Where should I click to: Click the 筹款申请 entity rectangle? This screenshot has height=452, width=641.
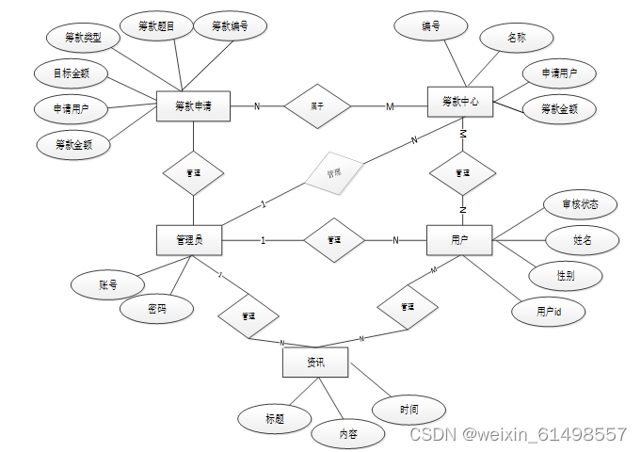point(193,106)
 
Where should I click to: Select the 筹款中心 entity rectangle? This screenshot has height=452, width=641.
point(460,101)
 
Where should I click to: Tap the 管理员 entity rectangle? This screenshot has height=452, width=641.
point(189,239)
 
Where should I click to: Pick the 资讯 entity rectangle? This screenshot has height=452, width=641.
point(315,362)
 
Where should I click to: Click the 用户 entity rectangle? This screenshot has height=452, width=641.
point(459,239)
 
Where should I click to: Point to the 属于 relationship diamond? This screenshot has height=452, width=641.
point(317,106)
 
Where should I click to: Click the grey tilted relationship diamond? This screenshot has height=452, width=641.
point(333,173)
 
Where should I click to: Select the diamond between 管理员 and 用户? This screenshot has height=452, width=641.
point(333,239)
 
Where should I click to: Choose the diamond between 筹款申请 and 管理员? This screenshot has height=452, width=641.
point(193,173)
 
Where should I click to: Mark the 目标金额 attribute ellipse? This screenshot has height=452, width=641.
point(72,73)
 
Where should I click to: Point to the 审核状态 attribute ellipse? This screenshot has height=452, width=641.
point(581,204)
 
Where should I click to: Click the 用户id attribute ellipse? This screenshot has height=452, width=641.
point(549,311)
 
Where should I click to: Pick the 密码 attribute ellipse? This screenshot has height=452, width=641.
point(157,309)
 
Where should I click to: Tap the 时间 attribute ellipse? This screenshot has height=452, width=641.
point(409,410)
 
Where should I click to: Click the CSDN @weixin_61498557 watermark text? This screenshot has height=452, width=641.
point(518,434)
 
